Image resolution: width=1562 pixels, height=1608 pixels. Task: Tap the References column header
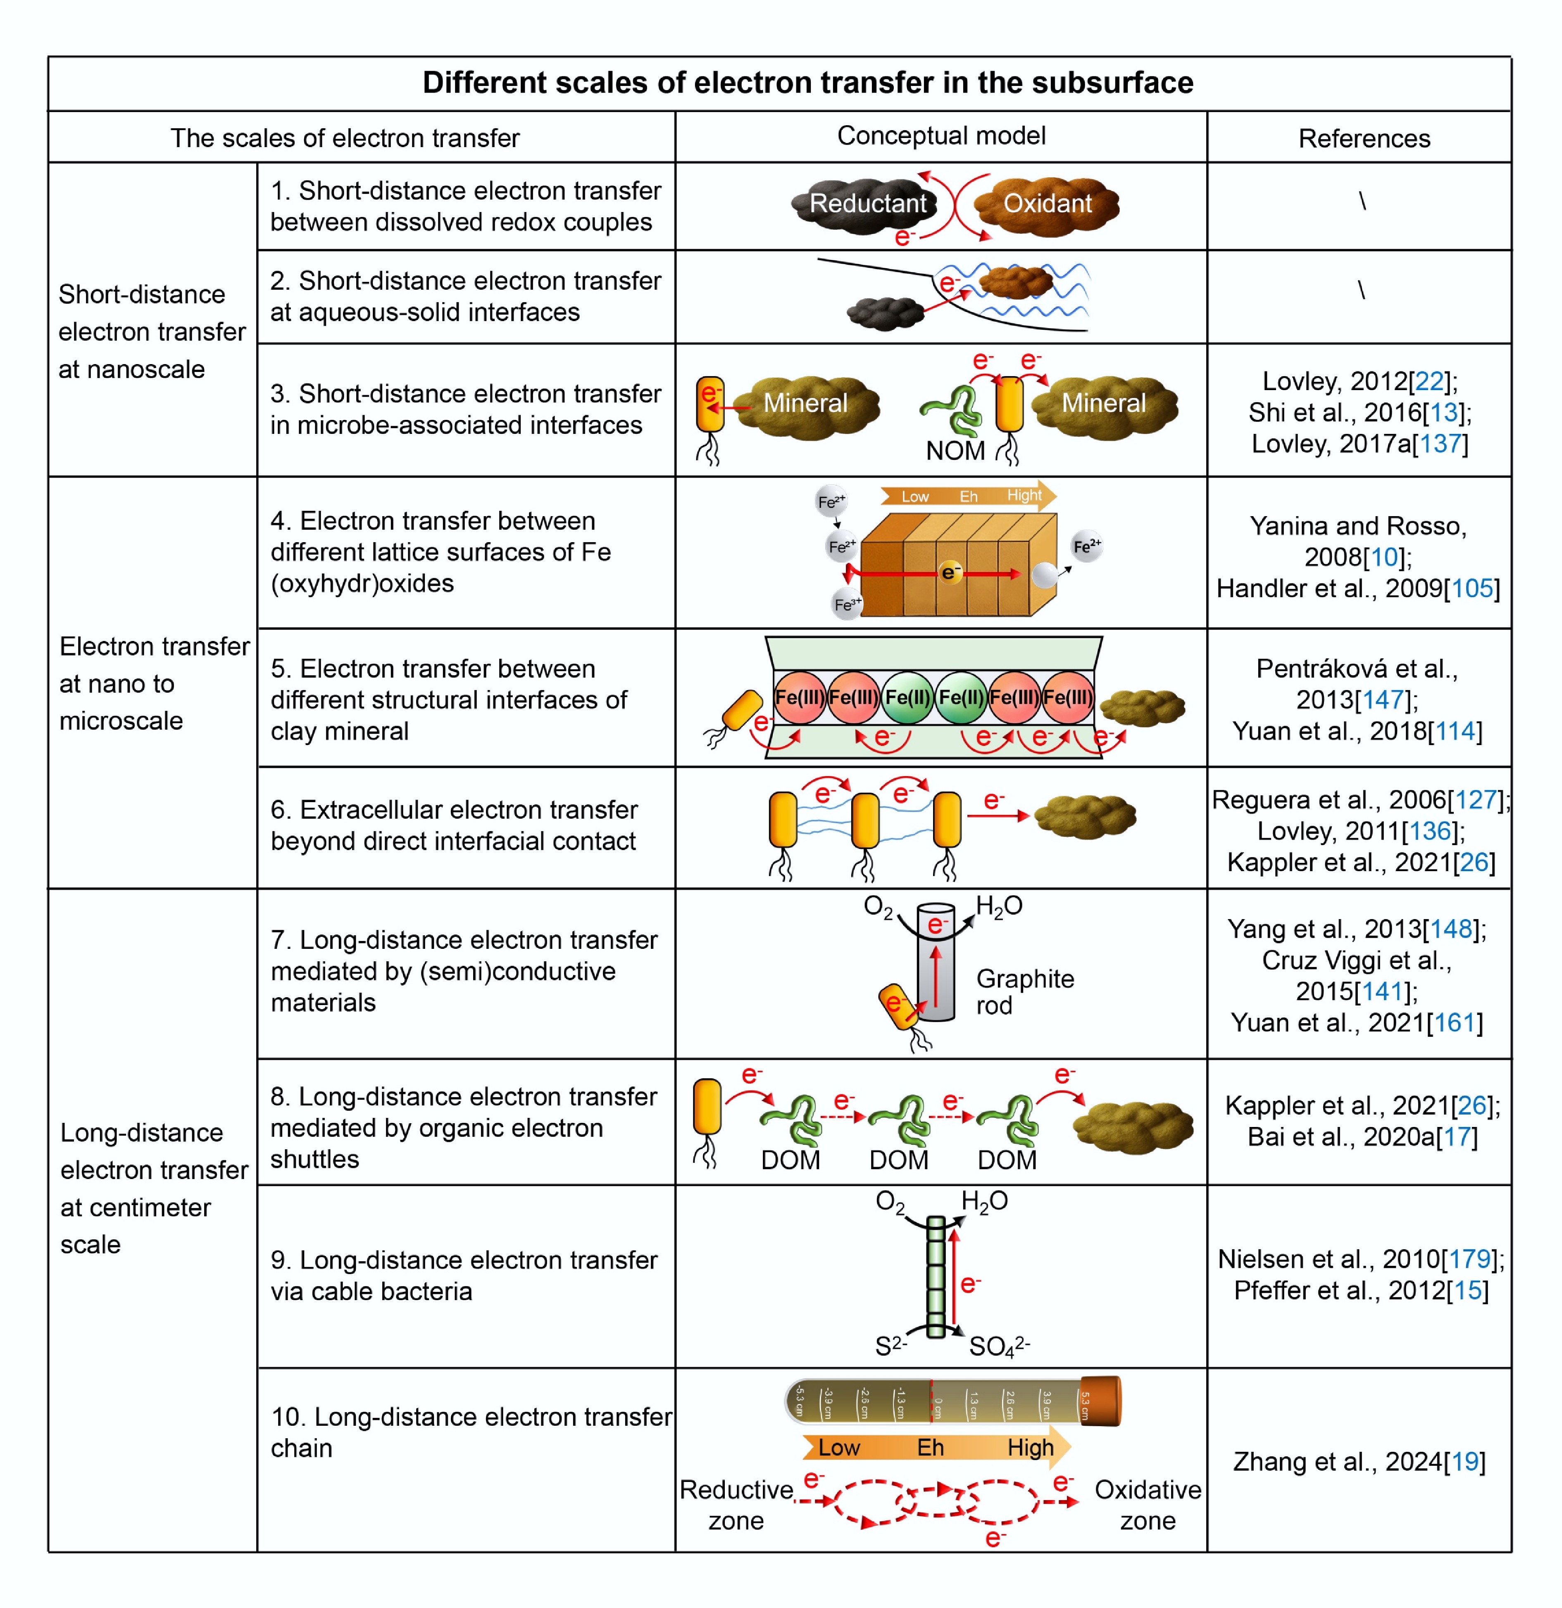(x=1364, y=138)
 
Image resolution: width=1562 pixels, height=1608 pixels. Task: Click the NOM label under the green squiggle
(x=955, y=450)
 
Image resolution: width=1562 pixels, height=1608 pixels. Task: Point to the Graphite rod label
(x=1024, y=991)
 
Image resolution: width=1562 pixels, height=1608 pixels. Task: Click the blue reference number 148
(x=1451, y=929)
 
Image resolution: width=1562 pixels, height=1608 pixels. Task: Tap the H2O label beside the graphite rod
(x=998, y=906)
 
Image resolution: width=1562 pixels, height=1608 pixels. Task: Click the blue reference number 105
(x=1472, y=588)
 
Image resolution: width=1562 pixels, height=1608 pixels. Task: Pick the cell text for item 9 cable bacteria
(x=464, y=1275)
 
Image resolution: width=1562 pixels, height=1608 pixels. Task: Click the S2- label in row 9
(x=890, y=1346)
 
